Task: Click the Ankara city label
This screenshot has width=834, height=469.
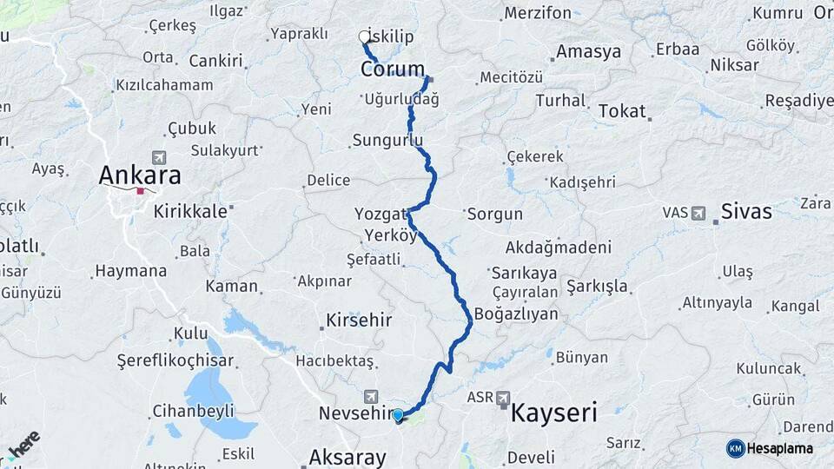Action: pyautogui.click(x=140, y=175)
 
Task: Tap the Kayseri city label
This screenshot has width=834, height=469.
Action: pyautogui.click(x=553, y=413)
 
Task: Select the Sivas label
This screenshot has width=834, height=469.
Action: pyautogui.click(x=745, y=211)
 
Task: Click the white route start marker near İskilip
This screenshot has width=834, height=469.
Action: pyautogui.click(x=364, y=37)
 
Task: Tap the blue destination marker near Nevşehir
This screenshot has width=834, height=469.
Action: pyautogui.click(x=398, y=415)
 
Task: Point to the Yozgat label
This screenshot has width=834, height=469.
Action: pyautogui.click(x=381, y=214)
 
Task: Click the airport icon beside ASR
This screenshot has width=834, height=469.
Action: pyautogui.click(x=503, y=398)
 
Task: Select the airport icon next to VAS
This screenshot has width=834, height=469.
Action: pyautogui.click(x=698, y=212)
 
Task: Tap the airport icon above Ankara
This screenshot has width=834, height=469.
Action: pyautogui.click(x=158, y=157)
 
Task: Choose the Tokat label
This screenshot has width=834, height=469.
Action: pyautogui.click(x=622, y=111)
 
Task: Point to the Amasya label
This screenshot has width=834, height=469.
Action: pyautogui.click(x=588, y=51)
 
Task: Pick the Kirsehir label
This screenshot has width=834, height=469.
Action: pyautogui.click(x=359, y=320)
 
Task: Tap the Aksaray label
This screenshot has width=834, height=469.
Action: pyautogui.click(x=347, y=457)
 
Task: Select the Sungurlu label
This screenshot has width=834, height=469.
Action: pyautogui.click(x=387, y=140)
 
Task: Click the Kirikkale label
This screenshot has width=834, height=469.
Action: pyautogui.click(x=190, y=211)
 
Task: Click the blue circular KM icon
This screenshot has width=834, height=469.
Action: pyautogui.click(x=736, y=448)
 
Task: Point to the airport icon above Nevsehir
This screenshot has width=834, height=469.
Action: pyautogui.click(x=372, y=396)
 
